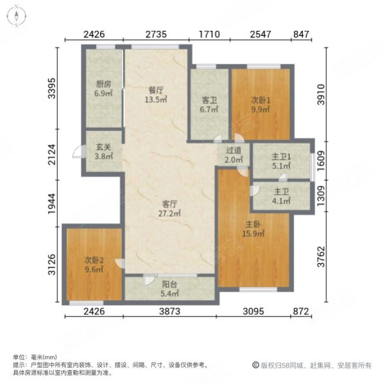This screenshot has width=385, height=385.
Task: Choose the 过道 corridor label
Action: [x=233, y=151]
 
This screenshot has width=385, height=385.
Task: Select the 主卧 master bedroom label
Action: [x=252, y=225]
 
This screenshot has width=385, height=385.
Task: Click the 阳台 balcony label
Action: [x=169, y=287]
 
